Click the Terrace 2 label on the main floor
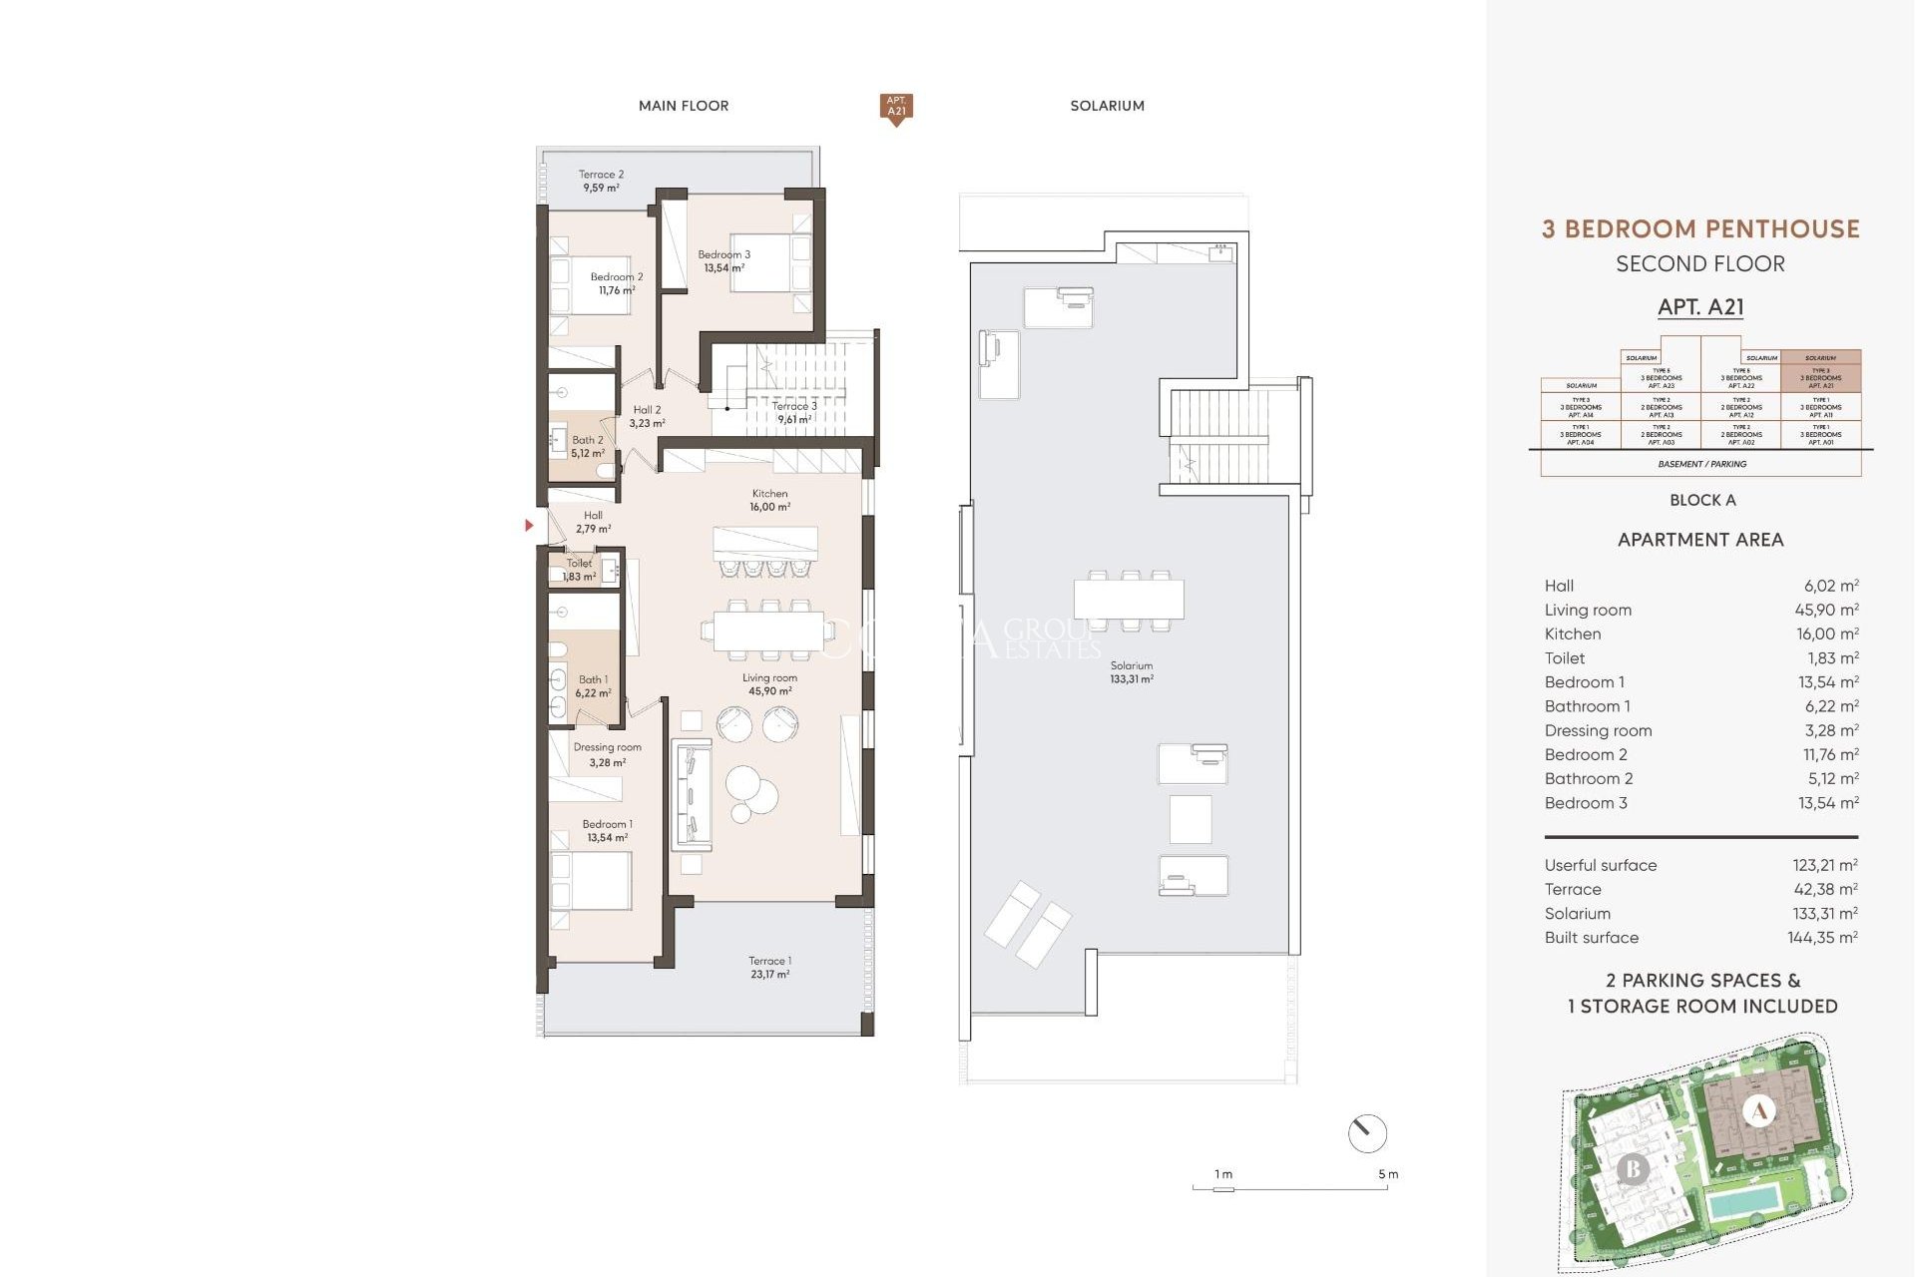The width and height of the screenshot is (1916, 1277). click(x=601, y=181)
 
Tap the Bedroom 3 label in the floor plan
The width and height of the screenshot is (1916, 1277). click(x=723, y=260)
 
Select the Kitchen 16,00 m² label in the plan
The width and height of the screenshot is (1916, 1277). click(x=769, y=500)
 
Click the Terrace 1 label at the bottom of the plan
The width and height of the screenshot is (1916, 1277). click(x=769, y=967)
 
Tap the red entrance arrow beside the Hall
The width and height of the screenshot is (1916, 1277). click(x=529, y=525)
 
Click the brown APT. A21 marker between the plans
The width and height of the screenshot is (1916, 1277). click(x=896, y=107)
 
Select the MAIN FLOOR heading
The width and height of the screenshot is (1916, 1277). click(x=684, y=106)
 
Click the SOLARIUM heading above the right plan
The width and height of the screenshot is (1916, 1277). click(x=1107, y=106)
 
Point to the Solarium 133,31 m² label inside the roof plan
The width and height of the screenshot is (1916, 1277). click(x=1131, y=671)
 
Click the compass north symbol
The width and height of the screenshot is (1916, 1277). click(x=1366, y=1133)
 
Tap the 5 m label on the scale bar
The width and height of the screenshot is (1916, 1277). click(x=1388, y=1174)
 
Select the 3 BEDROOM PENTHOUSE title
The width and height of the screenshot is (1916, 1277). click(x=1700, y=229)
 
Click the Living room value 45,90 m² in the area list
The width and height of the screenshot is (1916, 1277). click(x=1826, y=610)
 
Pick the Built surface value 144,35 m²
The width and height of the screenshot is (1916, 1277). click(x=1822, y=938)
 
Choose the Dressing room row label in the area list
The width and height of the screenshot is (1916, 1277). click(x=1598, y=730)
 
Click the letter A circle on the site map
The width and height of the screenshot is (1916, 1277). click(x=1759, y=1110)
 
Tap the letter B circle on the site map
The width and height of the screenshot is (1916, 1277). click(x=1633, y=1167)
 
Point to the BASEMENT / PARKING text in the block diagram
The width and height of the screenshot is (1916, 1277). click(x=1701, y=464)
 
